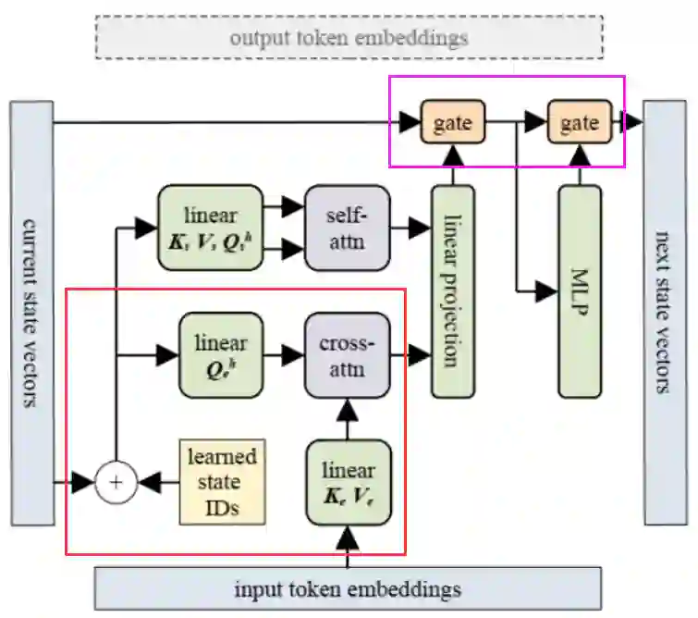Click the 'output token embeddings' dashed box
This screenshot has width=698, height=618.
(x=349, y=38)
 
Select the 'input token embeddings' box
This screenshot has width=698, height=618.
(x=348, y=588)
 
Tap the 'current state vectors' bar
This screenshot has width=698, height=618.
(x=32, y=313)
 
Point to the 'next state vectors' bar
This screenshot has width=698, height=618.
(x=664, y=313)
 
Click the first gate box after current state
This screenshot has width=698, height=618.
(x=453, y=122)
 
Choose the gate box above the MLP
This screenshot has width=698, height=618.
(x=580, y=122)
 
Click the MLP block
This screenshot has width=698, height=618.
(x=580, y=290)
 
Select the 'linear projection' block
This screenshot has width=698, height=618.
(x=453, y=290)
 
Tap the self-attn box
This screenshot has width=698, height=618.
(x=348, y=228)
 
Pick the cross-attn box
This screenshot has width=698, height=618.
(x=348, y=354)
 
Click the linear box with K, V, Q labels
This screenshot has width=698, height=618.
(x=211, y=228)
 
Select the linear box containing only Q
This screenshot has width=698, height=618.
(x=221, y=354)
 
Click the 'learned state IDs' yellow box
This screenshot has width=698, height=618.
(x=222, y=482)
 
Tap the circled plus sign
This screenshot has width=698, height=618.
(x=116, y=482)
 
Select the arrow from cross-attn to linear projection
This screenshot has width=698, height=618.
(x=410, y=354)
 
